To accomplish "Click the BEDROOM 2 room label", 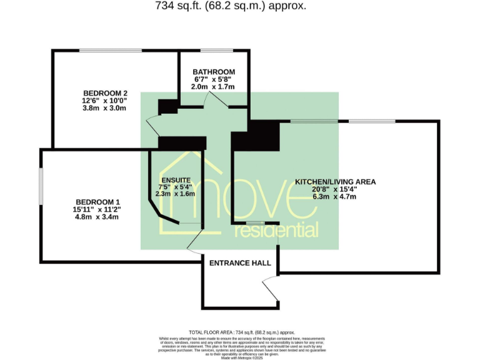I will (x=104, y=94).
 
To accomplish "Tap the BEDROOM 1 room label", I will (x=97, y=201).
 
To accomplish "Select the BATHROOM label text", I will (x=214, y=72).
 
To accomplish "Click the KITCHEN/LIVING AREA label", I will (x=335, y=182).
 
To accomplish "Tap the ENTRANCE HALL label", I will (x=240, y=263).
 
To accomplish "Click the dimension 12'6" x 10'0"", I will (x=104, y=101).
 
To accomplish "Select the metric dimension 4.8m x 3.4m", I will (x=97, y=217).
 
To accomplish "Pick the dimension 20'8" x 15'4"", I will (x=335, y=189).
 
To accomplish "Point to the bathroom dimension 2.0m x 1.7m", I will (x=214, y=87).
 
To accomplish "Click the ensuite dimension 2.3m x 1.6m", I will (x=175, y=194).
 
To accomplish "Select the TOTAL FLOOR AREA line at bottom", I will (x=241, y=332).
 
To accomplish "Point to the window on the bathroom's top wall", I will (x=216, y=50).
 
